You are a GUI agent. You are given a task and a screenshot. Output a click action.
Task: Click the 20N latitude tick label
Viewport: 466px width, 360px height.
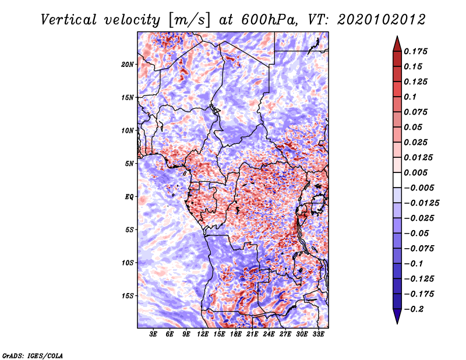(x=128, y=65)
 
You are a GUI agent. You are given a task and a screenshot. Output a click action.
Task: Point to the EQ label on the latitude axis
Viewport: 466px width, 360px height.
(x=129, y=197)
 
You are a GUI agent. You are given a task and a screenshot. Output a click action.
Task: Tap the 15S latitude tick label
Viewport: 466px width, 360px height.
(x=128, y=296)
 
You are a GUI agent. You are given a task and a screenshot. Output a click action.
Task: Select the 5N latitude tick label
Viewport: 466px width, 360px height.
(x=129, y=164)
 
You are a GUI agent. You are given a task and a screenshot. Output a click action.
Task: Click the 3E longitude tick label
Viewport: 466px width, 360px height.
(x=153, y=334)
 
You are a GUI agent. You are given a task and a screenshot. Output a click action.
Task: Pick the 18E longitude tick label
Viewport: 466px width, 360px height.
(x=236, y=334)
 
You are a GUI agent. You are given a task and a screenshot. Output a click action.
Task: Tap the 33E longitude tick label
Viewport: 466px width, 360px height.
(x=318, y=334)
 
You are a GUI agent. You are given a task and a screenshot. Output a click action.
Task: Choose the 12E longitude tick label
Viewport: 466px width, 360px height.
(x=203, y=334)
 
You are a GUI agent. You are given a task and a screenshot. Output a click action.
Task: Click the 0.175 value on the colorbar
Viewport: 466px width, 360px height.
(x=415, y=51)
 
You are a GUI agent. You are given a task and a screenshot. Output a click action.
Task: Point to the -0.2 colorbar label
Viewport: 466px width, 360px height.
(x=414, y=309)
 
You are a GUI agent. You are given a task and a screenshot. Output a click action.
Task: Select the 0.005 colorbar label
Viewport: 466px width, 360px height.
(x=415, y=172)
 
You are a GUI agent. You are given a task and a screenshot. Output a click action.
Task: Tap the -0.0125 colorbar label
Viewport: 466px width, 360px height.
(x=421, y=203)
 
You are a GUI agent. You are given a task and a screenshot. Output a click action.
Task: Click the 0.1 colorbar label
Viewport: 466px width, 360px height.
(x=410, y=97)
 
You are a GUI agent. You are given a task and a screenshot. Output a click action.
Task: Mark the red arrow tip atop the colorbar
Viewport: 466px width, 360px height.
(x=397, y=36)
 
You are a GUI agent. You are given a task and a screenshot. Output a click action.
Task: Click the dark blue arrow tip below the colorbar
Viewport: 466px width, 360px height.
(x=397, y=323)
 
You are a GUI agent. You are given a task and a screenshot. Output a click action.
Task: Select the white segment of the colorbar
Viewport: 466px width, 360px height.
(x=397, y=180)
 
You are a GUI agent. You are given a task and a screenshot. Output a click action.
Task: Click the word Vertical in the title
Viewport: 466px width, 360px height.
(x=69, y=20)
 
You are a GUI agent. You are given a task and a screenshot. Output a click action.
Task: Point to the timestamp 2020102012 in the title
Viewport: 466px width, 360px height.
(x=382, y=20)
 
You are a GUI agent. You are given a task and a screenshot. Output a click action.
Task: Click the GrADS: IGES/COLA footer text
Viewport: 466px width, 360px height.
(x=33, y=356)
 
